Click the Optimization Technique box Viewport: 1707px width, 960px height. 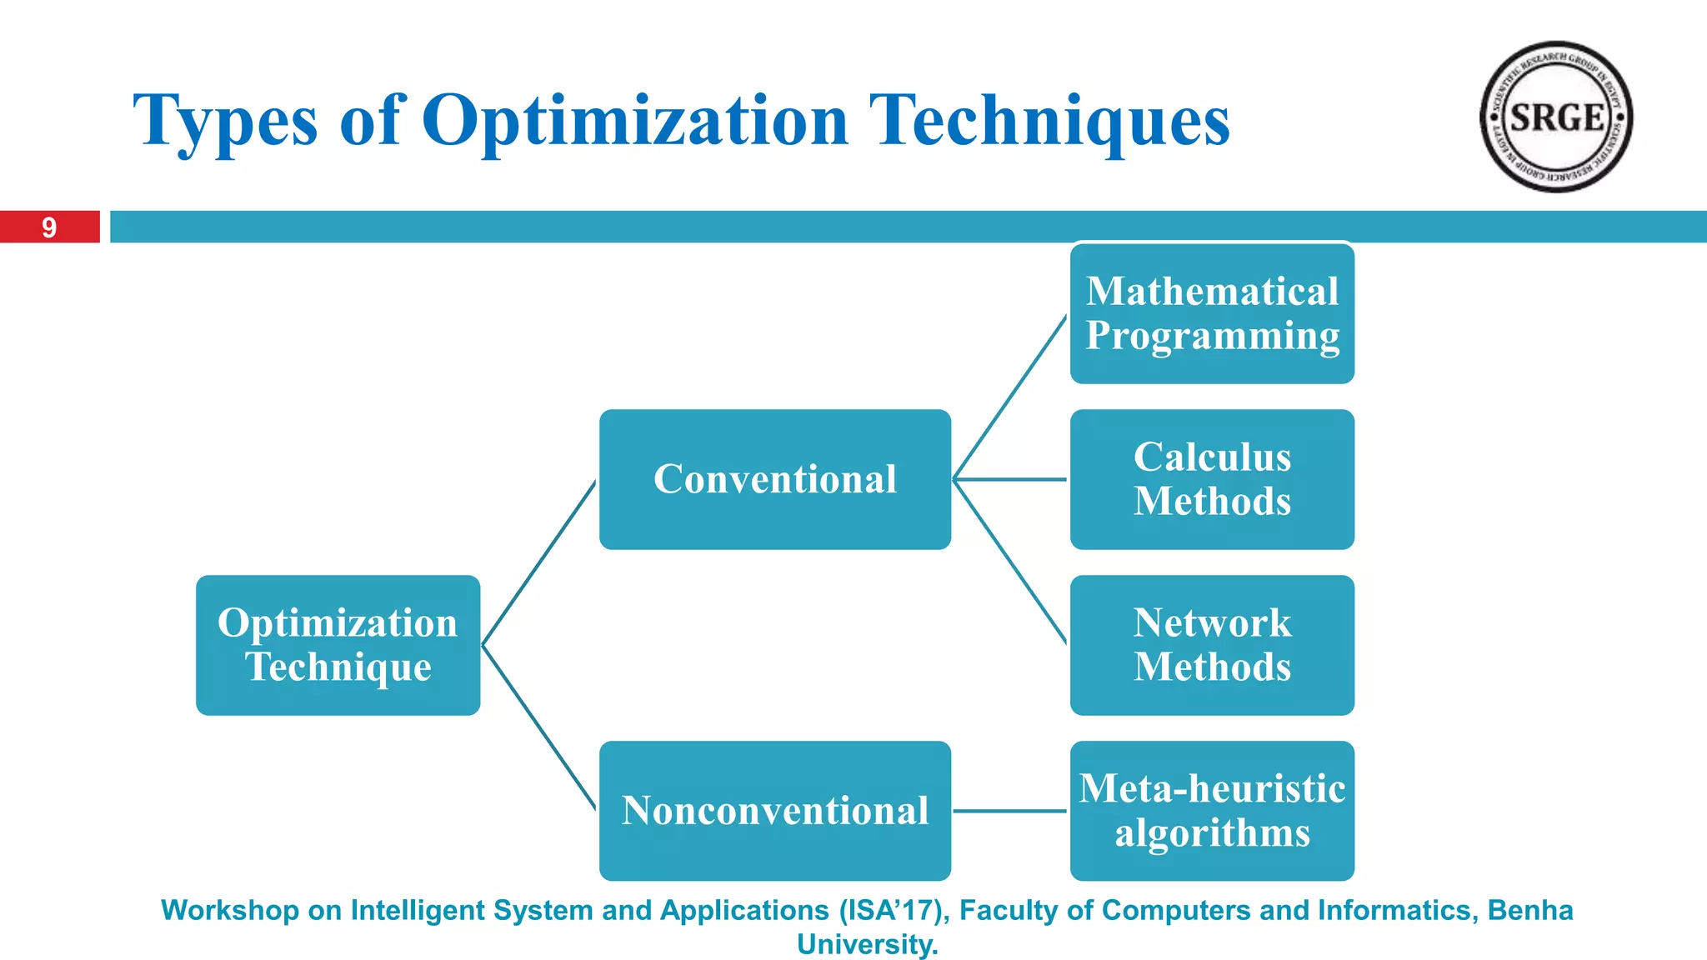pos(338,645)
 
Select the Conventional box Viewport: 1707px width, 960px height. pos(774,479)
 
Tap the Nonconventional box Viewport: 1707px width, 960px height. pos(774,811)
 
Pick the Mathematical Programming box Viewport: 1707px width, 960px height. pos(1212,313)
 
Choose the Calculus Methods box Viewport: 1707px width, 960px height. pos(1212,479)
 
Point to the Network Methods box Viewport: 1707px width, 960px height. pos(1212,645)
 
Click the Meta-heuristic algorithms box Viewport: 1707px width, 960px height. pos(1212,811)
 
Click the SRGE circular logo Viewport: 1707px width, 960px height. pos(1555,117)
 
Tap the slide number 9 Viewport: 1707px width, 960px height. pos(49,227)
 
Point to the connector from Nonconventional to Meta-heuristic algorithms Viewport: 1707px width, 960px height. pos(1010,811)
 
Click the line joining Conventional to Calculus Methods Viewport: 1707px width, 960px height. pos(1010,479)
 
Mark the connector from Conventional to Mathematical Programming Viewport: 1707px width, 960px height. pos(1010,397)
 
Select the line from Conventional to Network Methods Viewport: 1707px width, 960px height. pos(1010,562)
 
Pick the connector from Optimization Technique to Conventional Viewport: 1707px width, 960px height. pos(539,562)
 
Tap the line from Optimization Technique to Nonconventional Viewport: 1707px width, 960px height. pos(539,727)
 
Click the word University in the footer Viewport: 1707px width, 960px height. pos(867,945)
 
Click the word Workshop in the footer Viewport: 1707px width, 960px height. pos(229,911)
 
